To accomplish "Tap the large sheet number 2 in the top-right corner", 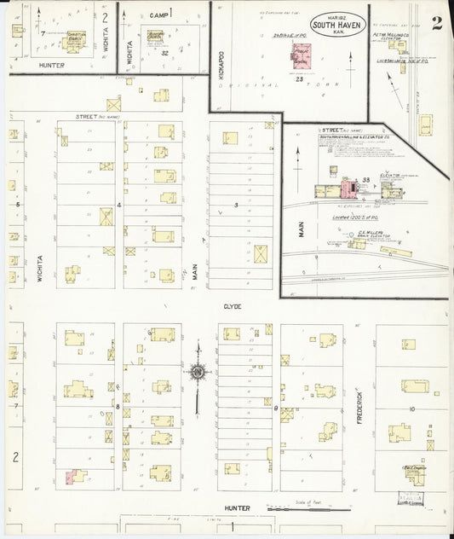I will pyautogui.click(x=436, y=23).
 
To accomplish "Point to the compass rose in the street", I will pyautogui.click(x=198, y=372).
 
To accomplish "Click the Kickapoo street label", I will pyautogui.click(x=217, y=81).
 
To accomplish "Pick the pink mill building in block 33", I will pyautogui.click(x=349, y=189).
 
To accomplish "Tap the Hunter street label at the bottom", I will pyautogui.click(x=237, y=508).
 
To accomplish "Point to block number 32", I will pyautogui.click(x=165, y=53).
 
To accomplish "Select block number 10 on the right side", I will pyautogui.click(x=411, y=410).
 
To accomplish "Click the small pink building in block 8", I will pyautogui.click(x=75, y=476).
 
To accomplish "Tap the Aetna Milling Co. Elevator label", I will pyautogui.click(x=393, y=35).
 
